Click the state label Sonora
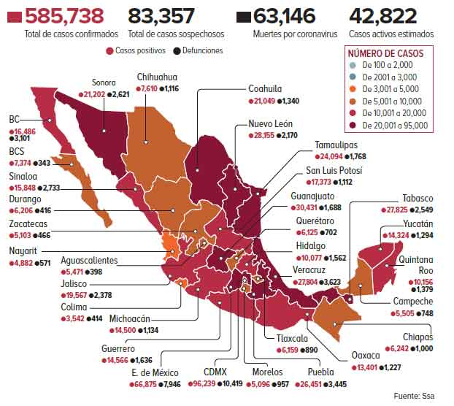pyautogui.click(x=104, y=83)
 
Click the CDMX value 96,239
pyautogui.click(x=213, y=383)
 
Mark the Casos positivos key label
pyautogui.click(x=140, y=51)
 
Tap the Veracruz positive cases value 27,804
pyautogui.click(x=297, y=281)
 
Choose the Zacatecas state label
pyautogui.click(x=28, y=224)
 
